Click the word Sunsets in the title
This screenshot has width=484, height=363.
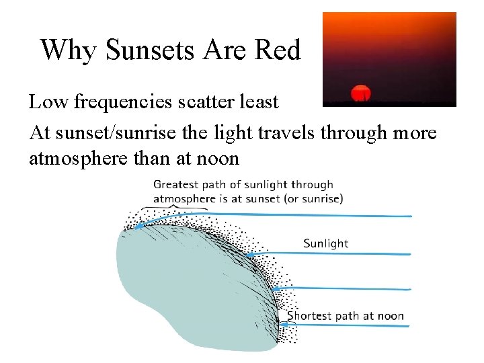click(140, 50)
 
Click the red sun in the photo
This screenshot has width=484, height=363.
click(362, 93)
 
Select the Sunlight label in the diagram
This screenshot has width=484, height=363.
click(325, 243)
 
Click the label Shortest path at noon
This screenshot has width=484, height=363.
click(346, 316)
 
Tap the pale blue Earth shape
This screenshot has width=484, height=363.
click(182, 289)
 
